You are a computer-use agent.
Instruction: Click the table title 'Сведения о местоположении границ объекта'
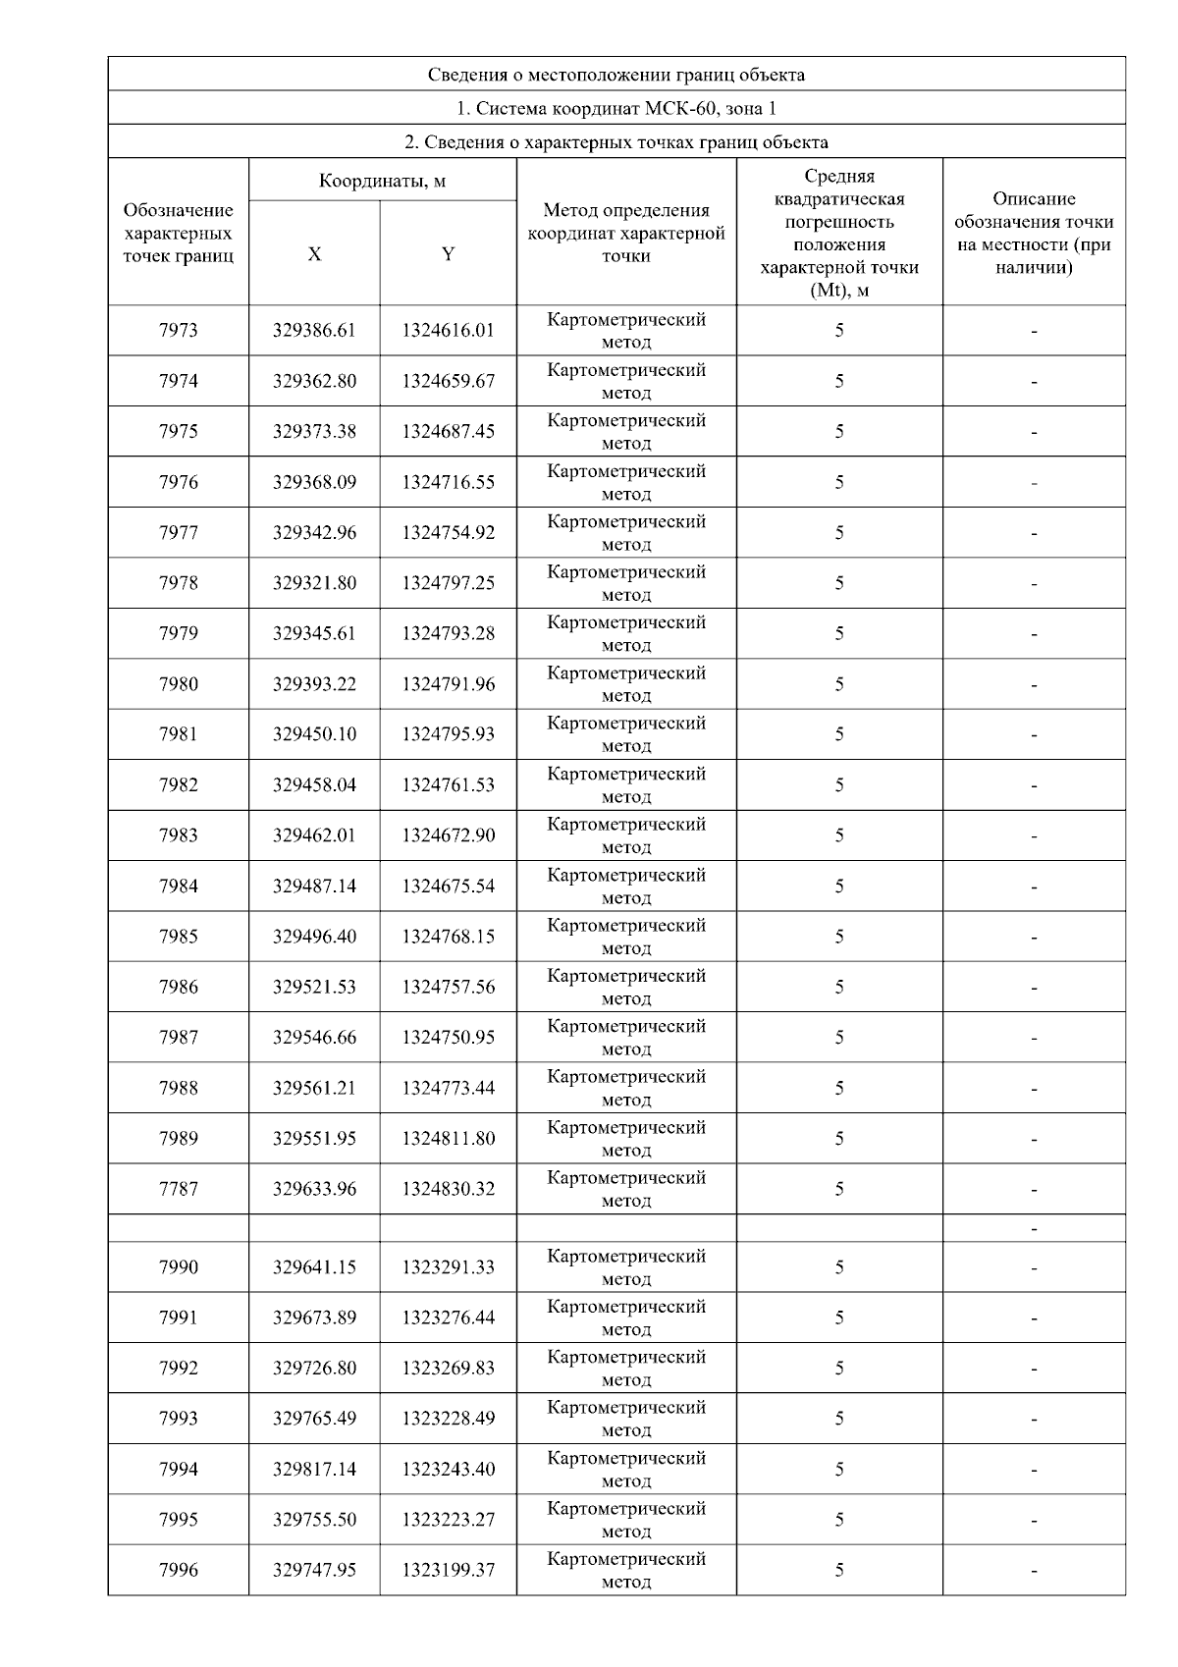(x=616, y=75)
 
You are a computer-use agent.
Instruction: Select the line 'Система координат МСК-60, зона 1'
(x=616, y=108)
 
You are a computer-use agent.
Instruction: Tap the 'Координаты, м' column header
(x=383, y=181)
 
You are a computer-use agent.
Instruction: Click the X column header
(x=314, y=254)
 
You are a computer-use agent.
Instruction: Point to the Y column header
(x=448, y=254)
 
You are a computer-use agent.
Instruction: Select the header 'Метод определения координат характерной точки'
(x=626, y=233)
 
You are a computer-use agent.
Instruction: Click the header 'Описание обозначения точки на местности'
(x=1034, y=233)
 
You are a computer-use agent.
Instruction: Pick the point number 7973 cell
(x=178, y=331)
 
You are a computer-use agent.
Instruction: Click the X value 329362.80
(x=314, y=381)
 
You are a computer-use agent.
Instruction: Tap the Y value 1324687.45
(x=448, y=432)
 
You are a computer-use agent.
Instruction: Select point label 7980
(x=178, y=684)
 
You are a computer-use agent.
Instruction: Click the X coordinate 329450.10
(x=314, y=734)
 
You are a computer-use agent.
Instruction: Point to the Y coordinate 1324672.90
(x=448, y=835)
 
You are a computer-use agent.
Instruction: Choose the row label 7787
(x=178, y=1189)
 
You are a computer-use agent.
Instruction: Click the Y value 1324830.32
(x=448, y=1189)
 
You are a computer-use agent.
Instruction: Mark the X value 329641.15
(x=314, y=1267)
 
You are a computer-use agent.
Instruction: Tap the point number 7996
(x=178, y=1570)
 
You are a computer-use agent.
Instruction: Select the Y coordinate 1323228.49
(x=448, y=1419)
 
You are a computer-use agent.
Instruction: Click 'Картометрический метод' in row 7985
(x=626, y=937)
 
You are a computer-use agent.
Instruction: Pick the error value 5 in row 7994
(x=839, y=1470)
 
